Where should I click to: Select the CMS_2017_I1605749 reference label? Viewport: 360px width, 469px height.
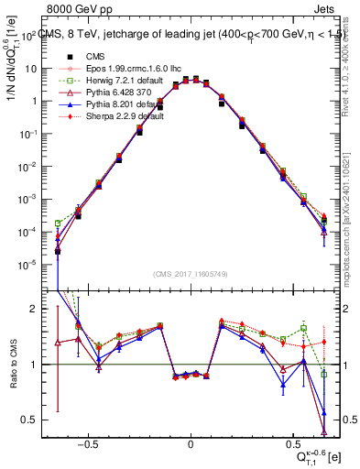click(x=191, y=275)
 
